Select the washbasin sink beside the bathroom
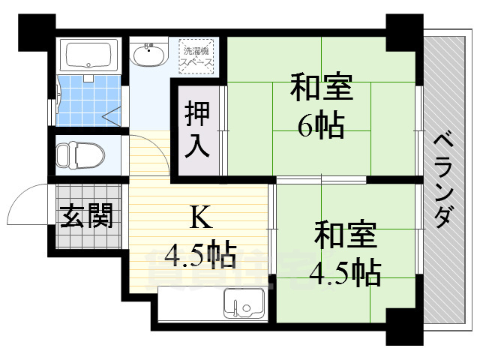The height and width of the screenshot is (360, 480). coord(150,55)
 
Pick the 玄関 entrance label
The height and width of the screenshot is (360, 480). coord(87,217)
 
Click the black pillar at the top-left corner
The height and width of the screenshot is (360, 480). coord(36,31)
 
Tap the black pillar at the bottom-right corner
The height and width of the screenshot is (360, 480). coord(404,325)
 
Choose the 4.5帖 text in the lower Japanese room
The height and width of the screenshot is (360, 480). coord(344,272)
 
